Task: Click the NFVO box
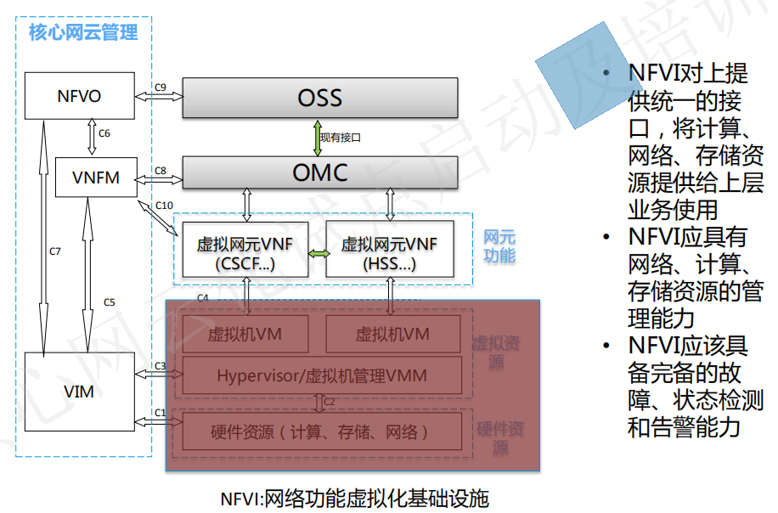pyautogui.click(x=79, y=96)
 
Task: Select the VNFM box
pyautogui.click(x=96, y=178)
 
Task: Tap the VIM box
pyautogui.click(x=79, y=391)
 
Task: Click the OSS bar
pyautogui.click(x=320, y=98)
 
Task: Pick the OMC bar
pyautogui.click(x=320, y=172)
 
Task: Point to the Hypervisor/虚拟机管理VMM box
pyautogui.click(x=322, y=375)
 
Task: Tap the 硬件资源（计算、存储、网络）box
pyautogui.click(x=322, y=431)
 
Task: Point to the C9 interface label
pyautogui.click(x=161, y=87)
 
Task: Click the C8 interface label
pyautogui.click(x=161, y=170)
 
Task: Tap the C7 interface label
pyautogui.click(x=54, y=251)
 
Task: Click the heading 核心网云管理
pyautogui.click(x=83, y=33)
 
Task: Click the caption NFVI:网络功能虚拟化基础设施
pyautogui.click(x=354, y=498)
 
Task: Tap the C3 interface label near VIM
pyautogui.click(x=161, y=366)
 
